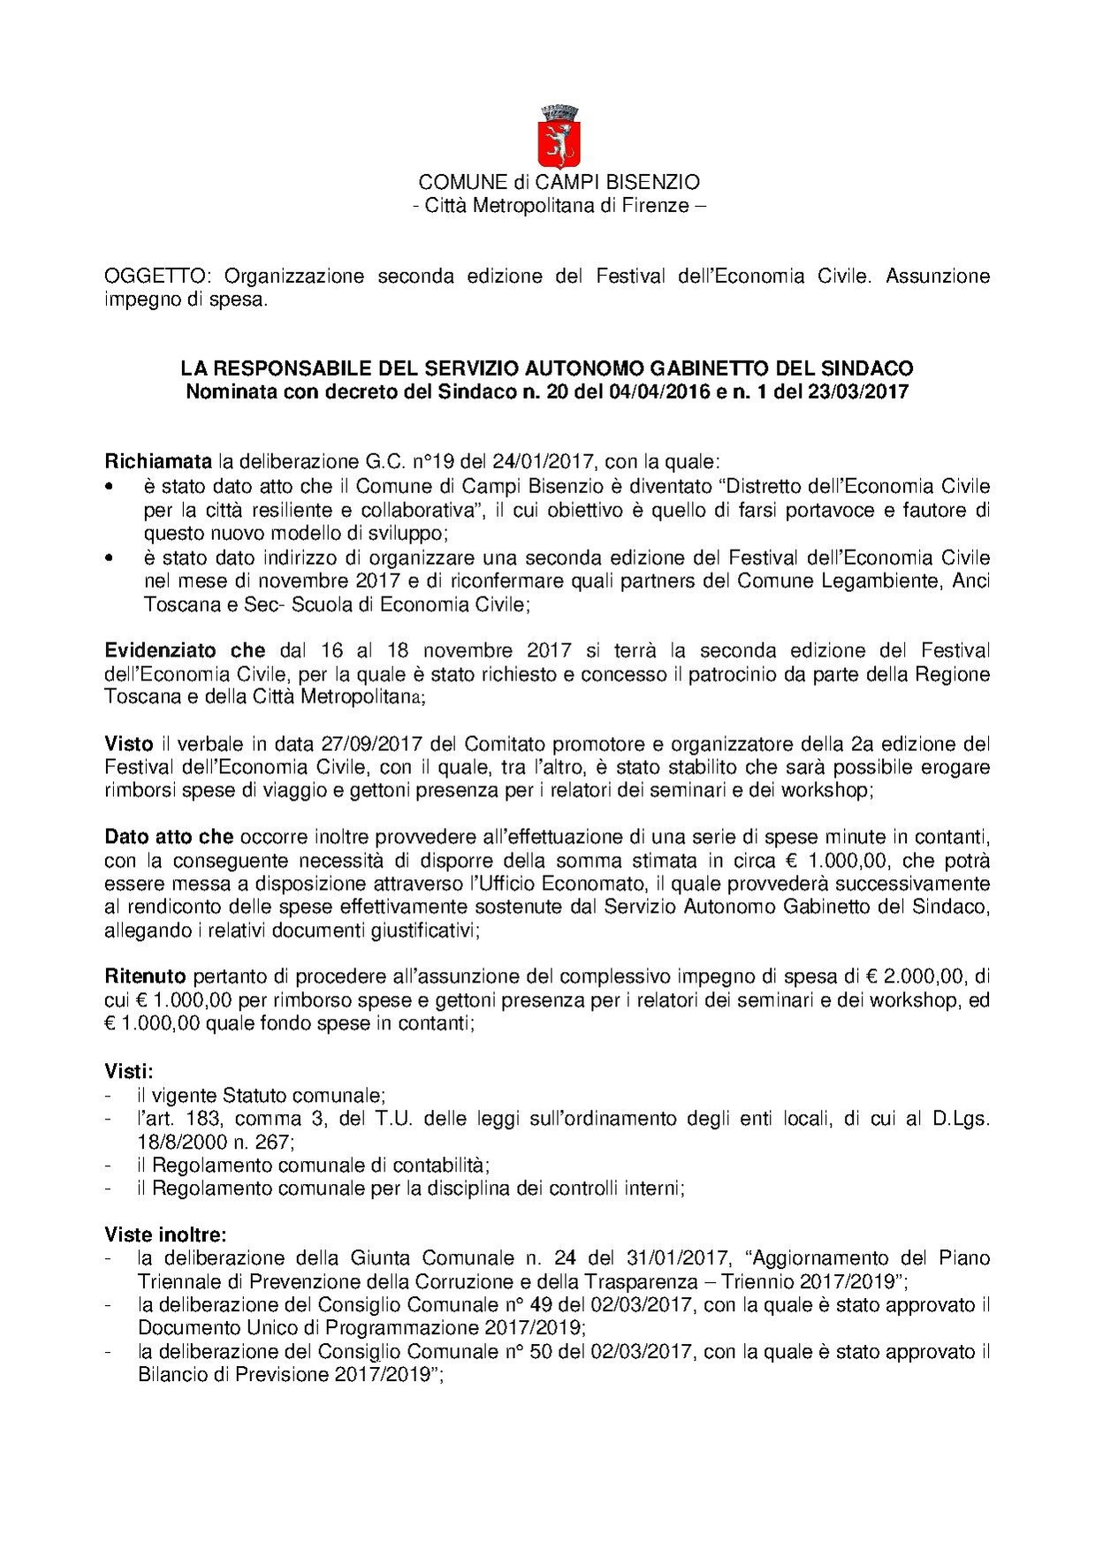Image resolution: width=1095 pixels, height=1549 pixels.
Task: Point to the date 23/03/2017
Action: click(x=857, y=391)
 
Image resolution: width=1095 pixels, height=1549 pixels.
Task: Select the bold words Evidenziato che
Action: click(x=185, y=650)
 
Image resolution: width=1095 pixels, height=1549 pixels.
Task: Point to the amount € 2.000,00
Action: click(x=915, y=976)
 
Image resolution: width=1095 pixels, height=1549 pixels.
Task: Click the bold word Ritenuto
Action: click(x=145, y=976)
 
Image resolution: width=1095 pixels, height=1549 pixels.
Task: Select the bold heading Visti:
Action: click(x=129, y=1071)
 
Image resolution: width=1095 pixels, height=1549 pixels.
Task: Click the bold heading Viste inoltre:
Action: click(x=165, y=1234)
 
